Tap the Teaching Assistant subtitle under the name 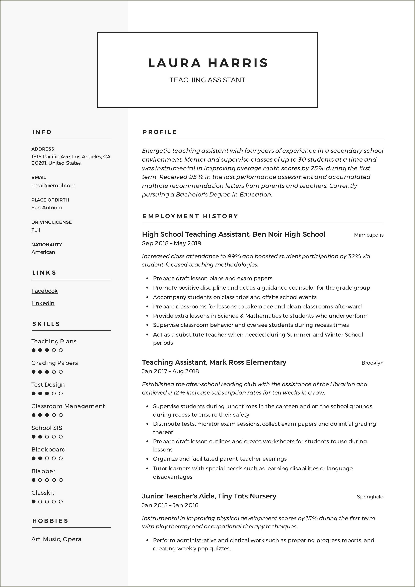[207, 80]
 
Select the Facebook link [44, 291]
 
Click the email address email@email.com [53, 186]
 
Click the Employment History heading [190, 216]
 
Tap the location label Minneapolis [368, 235]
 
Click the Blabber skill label [43, 471]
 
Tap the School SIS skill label [47, 428]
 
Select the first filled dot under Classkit [33, 502]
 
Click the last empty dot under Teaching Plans [61, 350]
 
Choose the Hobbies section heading [50, 521]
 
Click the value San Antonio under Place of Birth [47, 208]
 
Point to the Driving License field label [51, 222]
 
